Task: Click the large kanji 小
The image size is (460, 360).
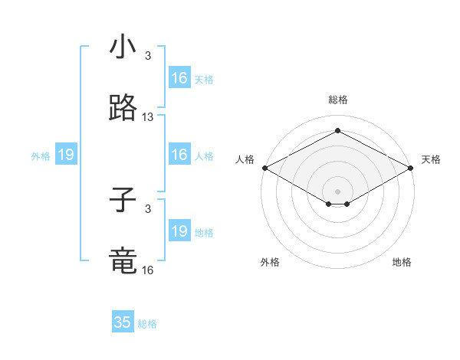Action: coord(123,47)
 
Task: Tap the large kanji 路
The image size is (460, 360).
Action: coord(123,110)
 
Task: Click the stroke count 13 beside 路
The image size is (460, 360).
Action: coord(148,117)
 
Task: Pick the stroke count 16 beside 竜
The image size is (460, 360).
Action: coord(148,270)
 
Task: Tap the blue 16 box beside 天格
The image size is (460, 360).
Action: coord(179,78)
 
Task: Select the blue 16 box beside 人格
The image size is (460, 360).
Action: coord(179,155)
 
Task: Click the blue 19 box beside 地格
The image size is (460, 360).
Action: coord(179,231)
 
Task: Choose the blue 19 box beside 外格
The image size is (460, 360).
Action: coord(66,155)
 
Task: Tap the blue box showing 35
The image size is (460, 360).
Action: coord(123,322)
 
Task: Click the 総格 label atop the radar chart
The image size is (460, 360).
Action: coord(337,100)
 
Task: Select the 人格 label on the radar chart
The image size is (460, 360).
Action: coord(245,159)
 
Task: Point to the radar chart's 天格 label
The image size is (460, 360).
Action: coord(431,159)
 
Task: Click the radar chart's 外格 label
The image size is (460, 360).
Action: coord(270,262)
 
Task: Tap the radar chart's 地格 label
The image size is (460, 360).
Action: coord(402,262)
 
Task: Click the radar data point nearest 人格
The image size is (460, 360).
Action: coord(264,167)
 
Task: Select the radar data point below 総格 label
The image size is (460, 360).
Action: coord(337,130)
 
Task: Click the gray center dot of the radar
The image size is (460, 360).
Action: coord(337,191)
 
